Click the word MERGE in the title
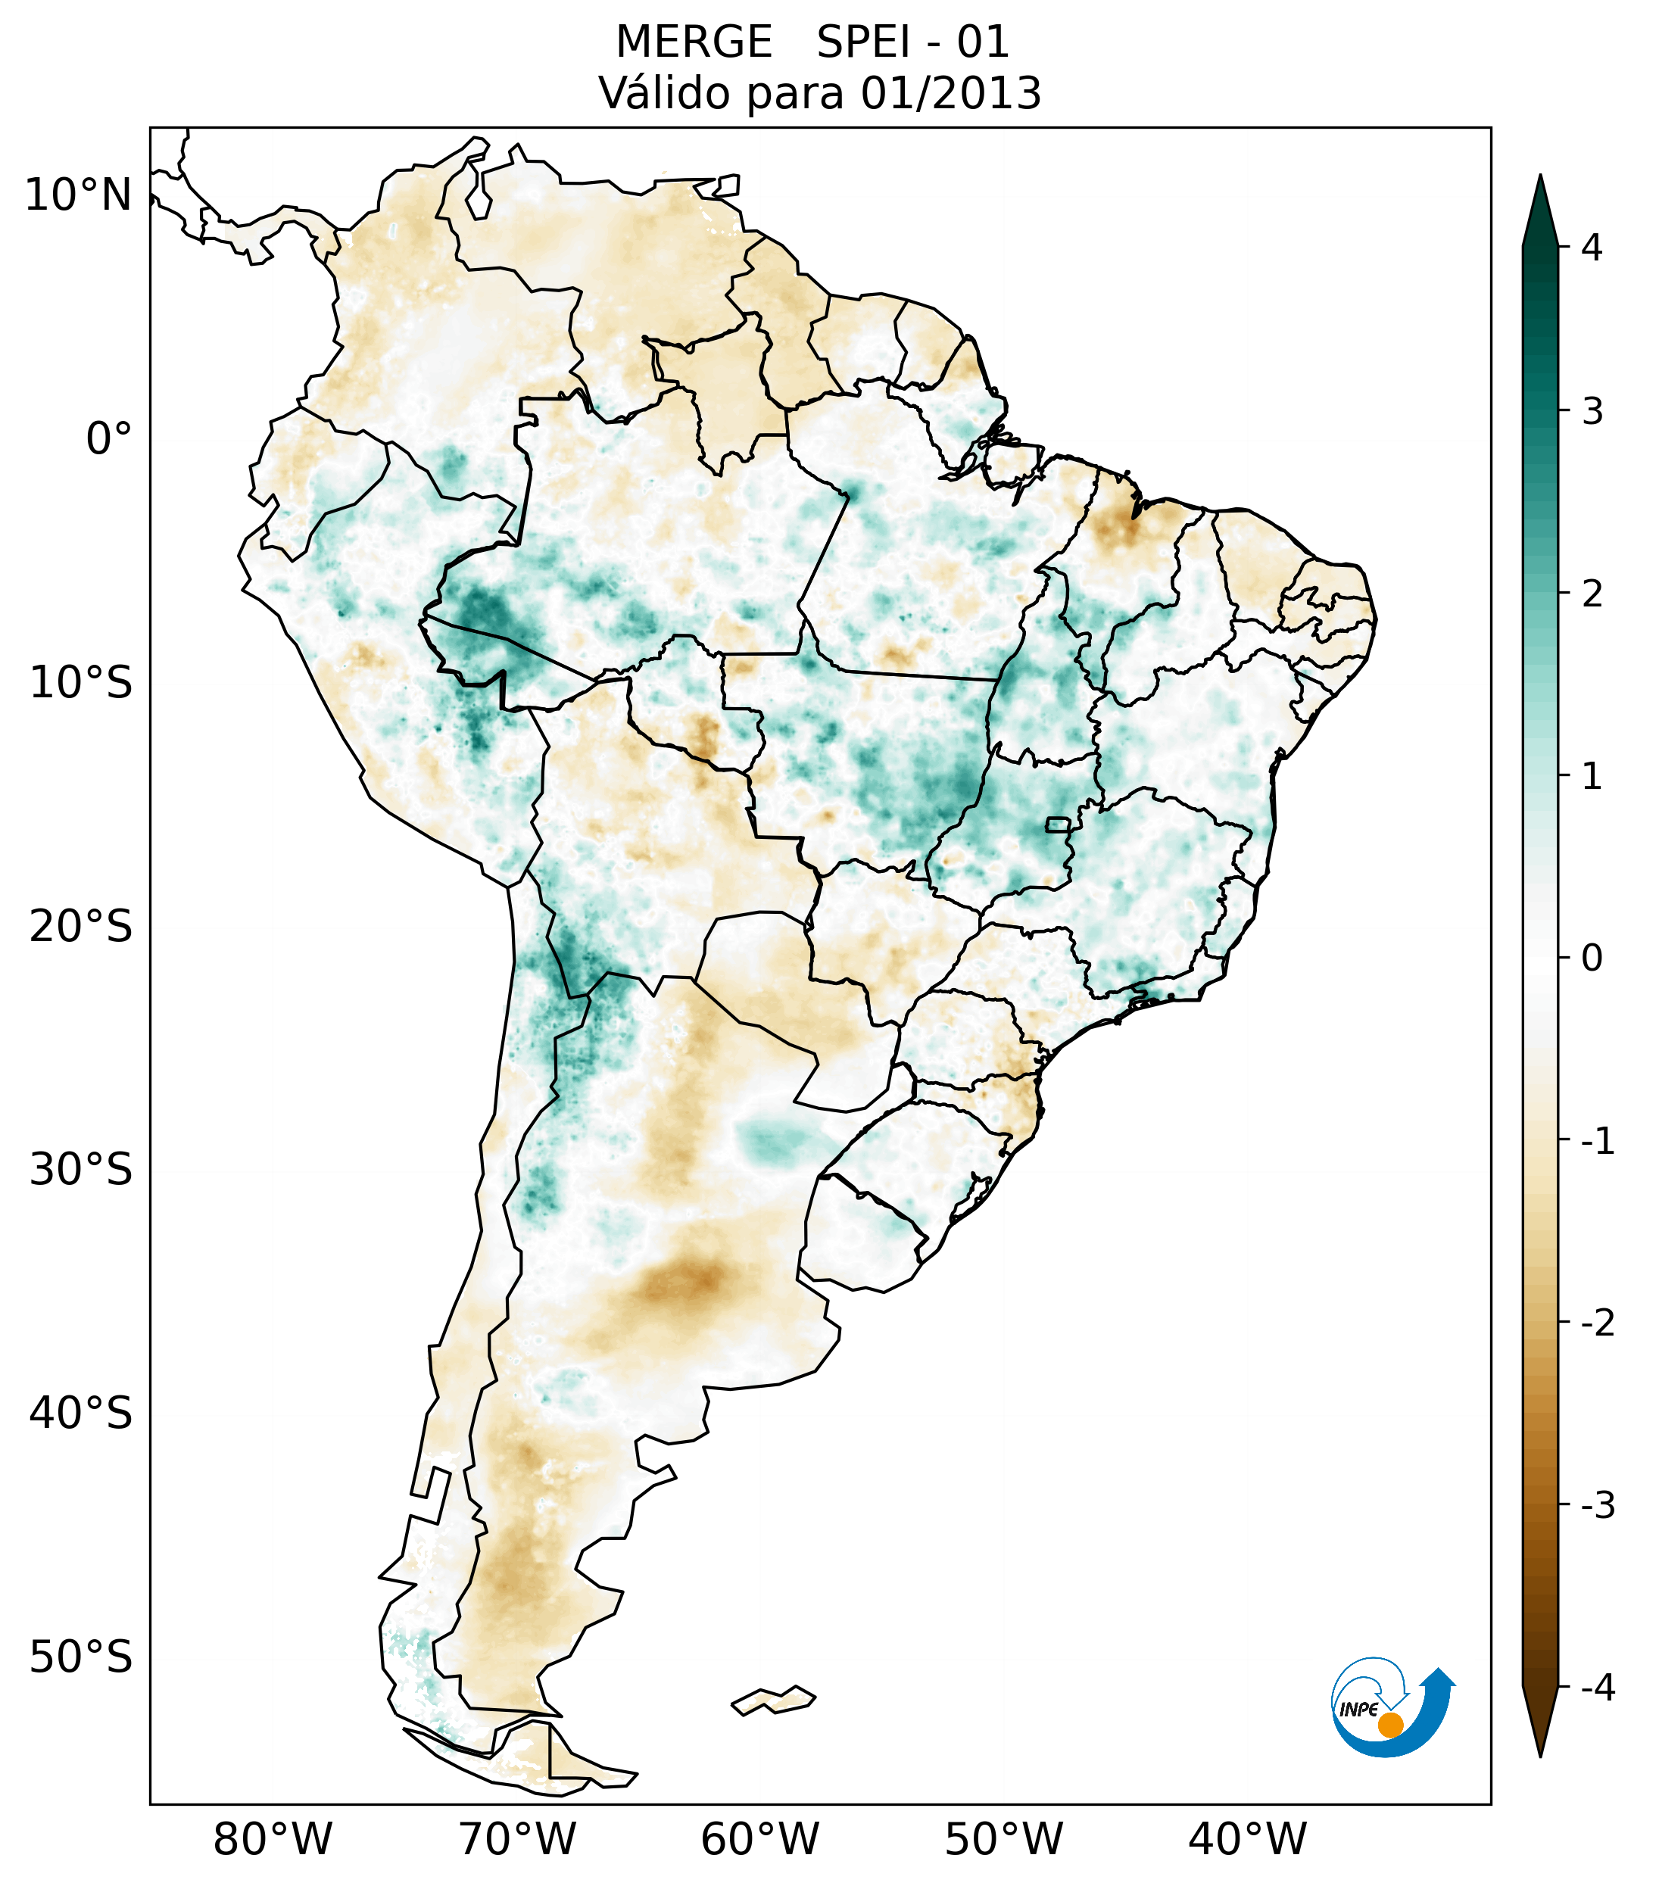click(693, 42)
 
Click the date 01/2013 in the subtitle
click(950, 93)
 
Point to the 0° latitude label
click(109, 439)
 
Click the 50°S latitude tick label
click(81, 1658)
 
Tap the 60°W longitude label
click(759, 1839)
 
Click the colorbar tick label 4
click(1591, 248)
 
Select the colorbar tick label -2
click(1596, 1323)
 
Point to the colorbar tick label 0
click(1591, 958)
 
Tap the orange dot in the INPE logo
click(1389, 1725)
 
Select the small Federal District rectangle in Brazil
click(1057, 824)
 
